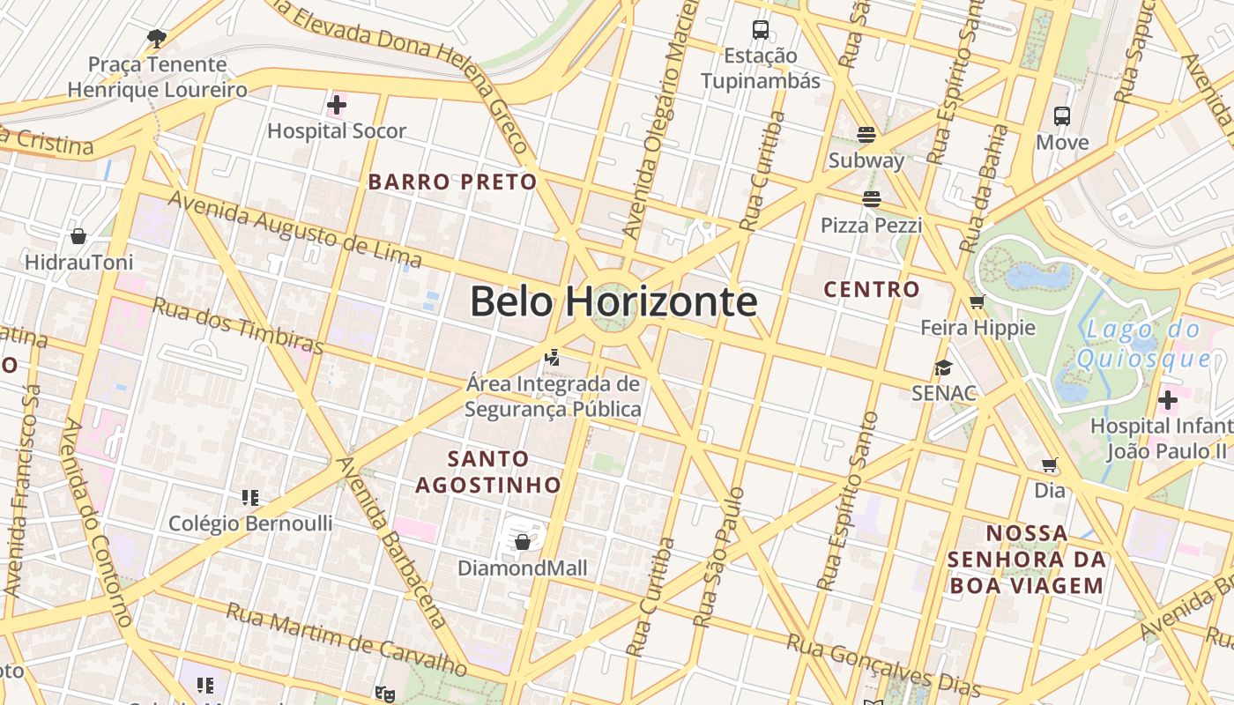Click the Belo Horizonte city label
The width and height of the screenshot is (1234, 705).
pyautogui.click(x=613, y=302)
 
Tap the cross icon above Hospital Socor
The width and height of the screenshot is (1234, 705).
pyautogui.click(x=336, y=106)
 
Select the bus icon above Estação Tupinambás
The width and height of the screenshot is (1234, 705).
pyautogui.click(x=760, y=30)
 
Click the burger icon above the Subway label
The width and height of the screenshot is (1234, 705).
pyautogui.click(x=866, y=135)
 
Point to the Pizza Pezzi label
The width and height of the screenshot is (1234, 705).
pyautogui.click(x=871, y=226)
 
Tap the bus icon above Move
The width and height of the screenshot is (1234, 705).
pyautogui.click(x=1061, y=116)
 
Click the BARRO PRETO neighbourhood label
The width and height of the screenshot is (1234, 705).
pyautogui.click(x=452, y=182)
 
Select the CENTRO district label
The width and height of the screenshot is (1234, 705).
pyautogui.click(x=871, y=289)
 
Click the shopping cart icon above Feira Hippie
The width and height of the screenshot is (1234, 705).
pyautogui.click(x=977, y=302)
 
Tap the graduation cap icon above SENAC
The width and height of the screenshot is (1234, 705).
pyautogui.click(x=943, y=367)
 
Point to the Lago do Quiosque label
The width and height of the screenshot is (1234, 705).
pyautogui.click(x=1142, y=345)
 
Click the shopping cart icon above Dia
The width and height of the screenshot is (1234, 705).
pyautogui.click(x=1049, y=464)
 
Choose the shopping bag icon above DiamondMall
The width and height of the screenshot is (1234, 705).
pyautogui.click(x=522, y=541)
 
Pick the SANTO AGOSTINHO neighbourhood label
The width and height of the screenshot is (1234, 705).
pyautogui.click(x=488, y=471)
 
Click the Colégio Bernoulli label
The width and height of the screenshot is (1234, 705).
pyautogui.click(x=250, y=523)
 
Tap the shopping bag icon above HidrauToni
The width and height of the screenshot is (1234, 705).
pyautogui.click(x=78, y=236)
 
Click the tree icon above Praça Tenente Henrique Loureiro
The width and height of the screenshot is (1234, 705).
pyautogui.click(x=157, y=38)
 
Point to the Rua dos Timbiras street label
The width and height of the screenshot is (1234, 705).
pyautogui.click(x=238, y=326)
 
